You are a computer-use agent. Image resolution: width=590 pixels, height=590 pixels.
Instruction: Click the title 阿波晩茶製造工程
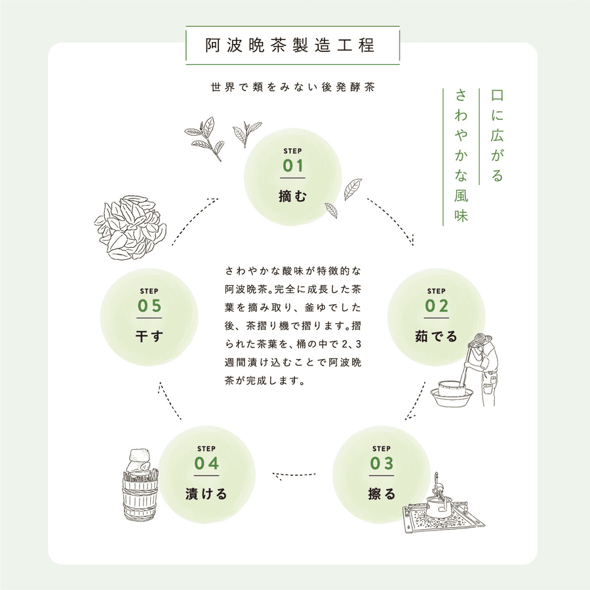(x=292, y=46)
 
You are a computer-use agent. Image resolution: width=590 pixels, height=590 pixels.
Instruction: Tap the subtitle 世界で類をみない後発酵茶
(x=292, y=87)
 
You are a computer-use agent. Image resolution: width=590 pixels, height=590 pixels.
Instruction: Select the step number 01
(x=293, y=166)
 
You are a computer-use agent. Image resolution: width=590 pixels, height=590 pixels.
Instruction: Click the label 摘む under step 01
(x=293, y=195)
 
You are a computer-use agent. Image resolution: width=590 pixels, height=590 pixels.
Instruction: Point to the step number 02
(x=437, y=306)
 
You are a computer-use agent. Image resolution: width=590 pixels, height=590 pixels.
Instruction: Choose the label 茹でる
(x=437, y=336)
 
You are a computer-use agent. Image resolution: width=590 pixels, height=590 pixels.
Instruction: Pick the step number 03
(x=382, y=463)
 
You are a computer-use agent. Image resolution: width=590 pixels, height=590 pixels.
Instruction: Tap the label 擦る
(x=382, y=494)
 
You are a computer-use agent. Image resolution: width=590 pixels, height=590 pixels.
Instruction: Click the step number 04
(x=206, y=463)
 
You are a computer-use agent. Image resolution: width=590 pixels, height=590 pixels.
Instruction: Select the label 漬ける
(x=206, y=494)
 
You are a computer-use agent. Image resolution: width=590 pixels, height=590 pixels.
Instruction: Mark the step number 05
(x=149, y=306)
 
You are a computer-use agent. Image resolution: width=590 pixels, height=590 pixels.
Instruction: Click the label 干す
(x=149, y=336)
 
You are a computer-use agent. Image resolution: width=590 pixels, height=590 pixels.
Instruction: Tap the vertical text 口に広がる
(x=497, y=136)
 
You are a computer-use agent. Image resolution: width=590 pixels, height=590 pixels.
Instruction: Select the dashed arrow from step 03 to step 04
(x=296, y=473)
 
